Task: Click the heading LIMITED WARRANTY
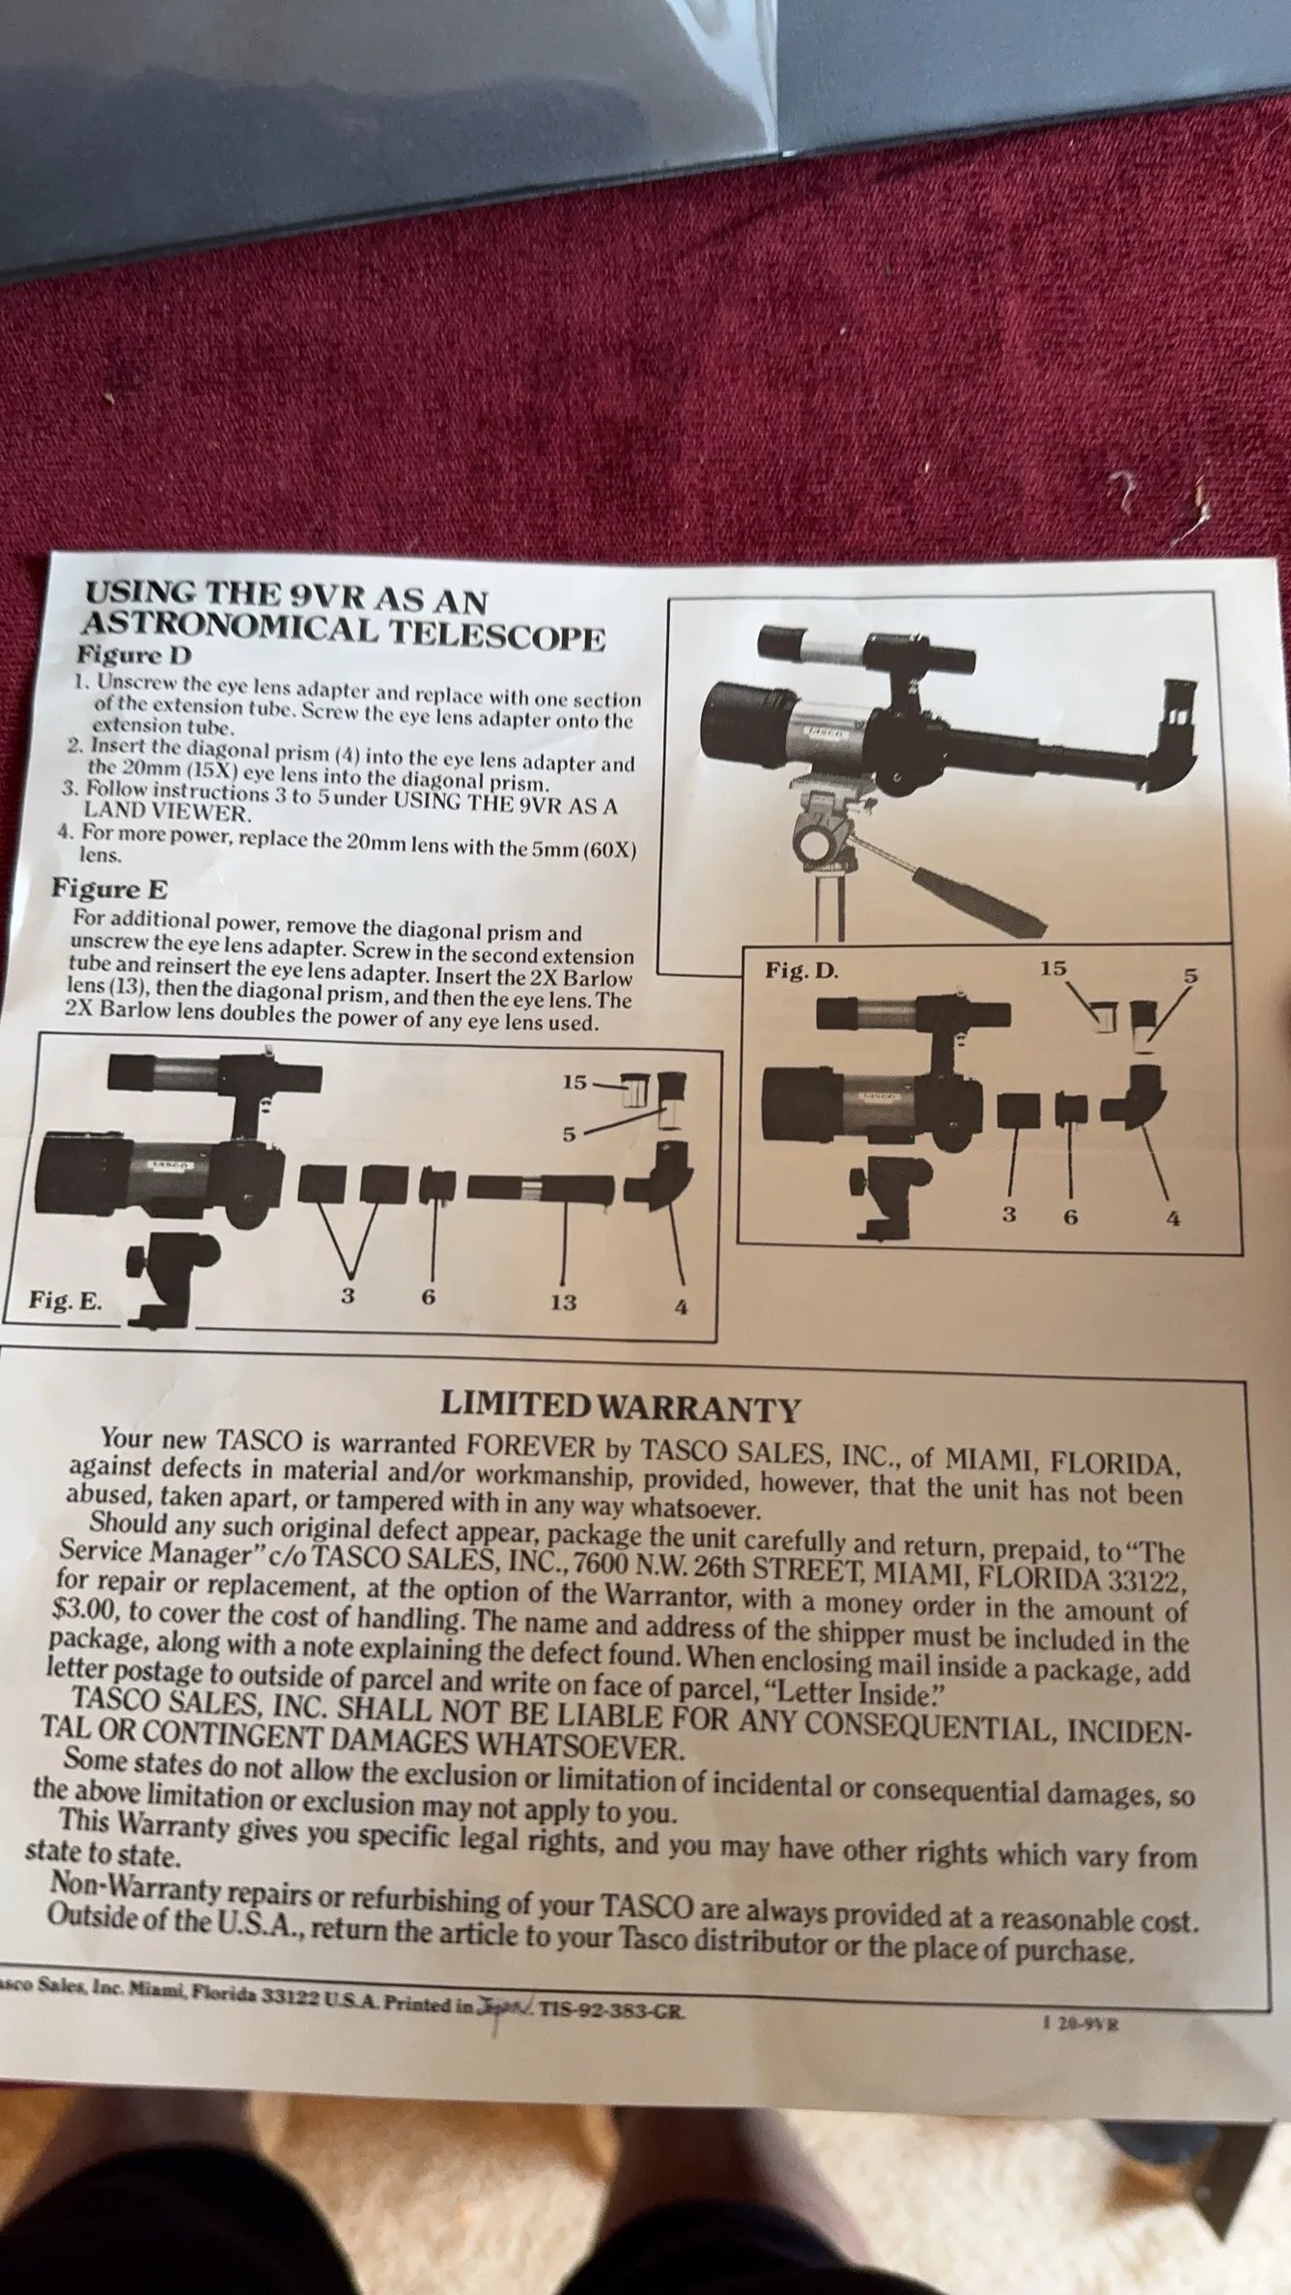pos(620,1406)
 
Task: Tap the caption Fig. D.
pos(801,971)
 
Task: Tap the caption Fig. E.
pos(65,1300)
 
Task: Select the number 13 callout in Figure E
pos(564,1302)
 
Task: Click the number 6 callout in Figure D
pos(1070,1217)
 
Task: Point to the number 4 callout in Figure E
pos(681,1308)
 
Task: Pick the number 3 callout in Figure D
pos(1009,1215)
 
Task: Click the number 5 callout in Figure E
pos(569,1135)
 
